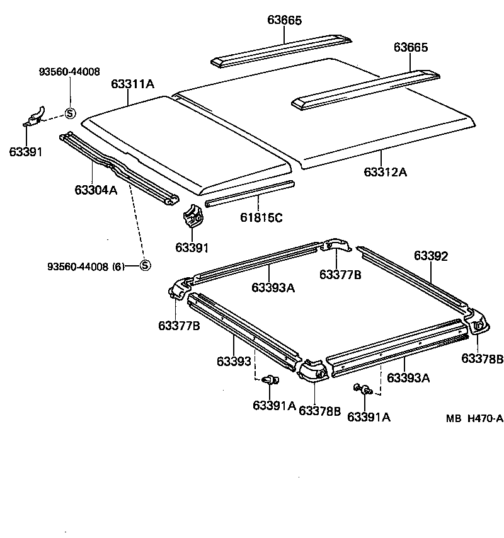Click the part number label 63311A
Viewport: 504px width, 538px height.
(132, 84)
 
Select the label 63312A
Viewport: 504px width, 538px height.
(385, 171)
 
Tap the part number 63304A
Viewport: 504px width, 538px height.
(96, 189)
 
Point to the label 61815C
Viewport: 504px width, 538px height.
(260, 218)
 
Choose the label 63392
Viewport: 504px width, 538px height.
(431, 256)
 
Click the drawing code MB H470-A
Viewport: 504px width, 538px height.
(474, 418)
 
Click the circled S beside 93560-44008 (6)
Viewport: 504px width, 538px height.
(145, 266)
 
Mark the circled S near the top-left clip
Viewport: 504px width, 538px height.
(70, 113)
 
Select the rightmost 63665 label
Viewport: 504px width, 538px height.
(411, 47)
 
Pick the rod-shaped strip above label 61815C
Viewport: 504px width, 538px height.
(249, 194)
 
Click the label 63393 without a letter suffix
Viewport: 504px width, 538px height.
(234, 361)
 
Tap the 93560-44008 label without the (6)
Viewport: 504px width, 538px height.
(69, 72)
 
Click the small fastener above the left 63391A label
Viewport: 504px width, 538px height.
(272, 379)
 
